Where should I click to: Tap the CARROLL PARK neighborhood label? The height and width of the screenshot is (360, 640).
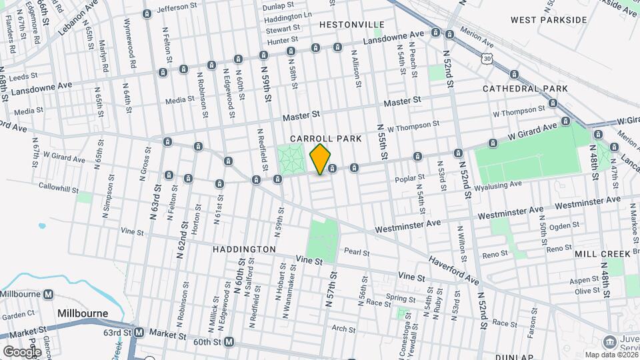pyautogui.click(x=326, y=139)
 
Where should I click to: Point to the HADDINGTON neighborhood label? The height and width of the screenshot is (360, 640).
pyautogui.click(x=244, y=249)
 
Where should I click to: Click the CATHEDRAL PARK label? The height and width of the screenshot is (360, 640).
pyautogui.click(x=525, y=88)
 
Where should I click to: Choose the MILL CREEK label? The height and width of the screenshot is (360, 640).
pyautogui.click(x=602, y=254)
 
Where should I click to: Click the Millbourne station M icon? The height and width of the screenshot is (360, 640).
pyautogui.click(x=49, y=294)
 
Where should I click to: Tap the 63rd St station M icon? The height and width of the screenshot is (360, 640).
pyautogui.click(x=139, y=332)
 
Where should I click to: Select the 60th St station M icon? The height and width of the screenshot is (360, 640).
pyautogui.click(x=229, y=342)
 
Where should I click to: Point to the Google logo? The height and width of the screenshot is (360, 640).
pyautogui.click(x=22, y=351)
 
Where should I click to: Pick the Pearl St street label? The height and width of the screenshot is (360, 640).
pyautogui.click(x=356, y=251)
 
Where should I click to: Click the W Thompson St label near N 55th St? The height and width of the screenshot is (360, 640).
pyautogui.click(x=413, y=124)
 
